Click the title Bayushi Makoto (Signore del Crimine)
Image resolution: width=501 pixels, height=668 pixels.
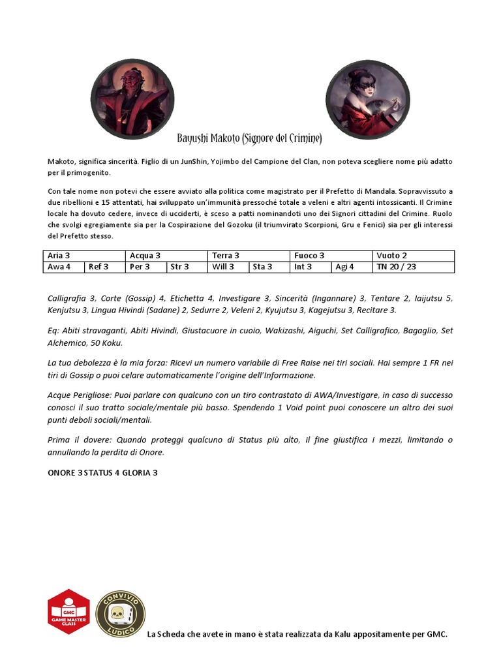tap(250, 139)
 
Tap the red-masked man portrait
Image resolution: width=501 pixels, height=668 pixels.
tap(132, 99)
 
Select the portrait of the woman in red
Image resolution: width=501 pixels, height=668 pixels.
tap(368, 99)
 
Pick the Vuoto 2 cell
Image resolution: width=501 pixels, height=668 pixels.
tap(413, 256)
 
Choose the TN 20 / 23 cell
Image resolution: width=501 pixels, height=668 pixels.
tap(413, 267)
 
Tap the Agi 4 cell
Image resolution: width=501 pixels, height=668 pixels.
tap(352, 267)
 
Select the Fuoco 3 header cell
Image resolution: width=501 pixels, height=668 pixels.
tap(331, 256)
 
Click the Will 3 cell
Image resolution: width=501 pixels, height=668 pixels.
tap(228, 267)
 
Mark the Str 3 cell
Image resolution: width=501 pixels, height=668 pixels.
tap(187, 267)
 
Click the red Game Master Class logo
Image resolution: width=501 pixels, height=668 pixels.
tap(68, 612)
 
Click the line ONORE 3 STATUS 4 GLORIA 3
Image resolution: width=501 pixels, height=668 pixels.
tap(102, 472)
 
